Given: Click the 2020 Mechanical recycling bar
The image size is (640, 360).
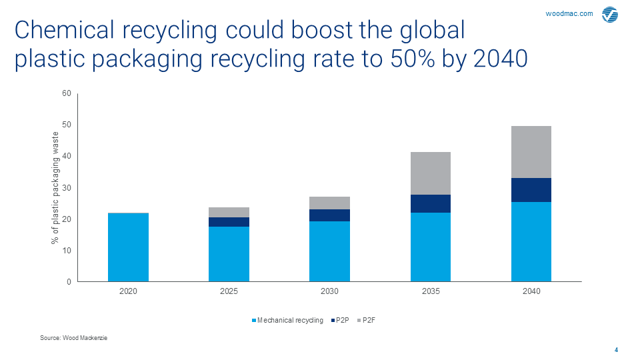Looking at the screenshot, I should [x=128, y=247].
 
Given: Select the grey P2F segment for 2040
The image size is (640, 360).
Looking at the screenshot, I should [x=531, y=152].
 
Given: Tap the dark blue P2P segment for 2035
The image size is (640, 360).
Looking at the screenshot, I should [x=431, y=203].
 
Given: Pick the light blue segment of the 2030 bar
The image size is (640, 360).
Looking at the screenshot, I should [x=329, y=251].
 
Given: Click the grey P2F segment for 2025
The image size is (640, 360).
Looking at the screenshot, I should [x=229, y=212].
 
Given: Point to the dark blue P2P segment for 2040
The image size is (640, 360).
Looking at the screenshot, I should [x=531, y=190].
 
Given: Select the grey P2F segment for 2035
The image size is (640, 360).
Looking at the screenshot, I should [x=431, y=173].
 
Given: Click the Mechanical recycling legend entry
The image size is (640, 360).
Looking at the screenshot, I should [x=287, y=321].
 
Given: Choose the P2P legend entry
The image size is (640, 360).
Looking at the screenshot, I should [x=339, y=321].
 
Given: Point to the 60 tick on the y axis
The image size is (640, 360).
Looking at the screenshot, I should [x=67, y=93].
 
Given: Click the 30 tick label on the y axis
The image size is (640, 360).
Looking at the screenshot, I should [x=67, y=188].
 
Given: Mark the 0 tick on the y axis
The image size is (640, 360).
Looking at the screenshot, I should [x=69, y=282].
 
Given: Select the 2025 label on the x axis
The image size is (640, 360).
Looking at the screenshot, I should [x=229, y=292].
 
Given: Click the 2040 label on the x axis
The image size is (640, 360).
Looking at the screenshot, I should [x=531, y=292].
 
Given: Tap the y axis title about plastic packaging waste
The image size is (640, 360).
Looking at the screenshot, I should [x=56, y=187].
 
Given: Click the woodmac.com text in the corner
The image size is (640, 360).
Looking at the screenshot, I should [x=569, y=13].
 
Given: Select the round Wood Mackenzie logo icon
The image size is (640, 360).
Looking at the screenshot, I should [x=610, y=15].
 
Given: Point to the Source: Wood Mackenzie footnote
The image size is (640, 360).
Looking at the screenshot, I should [x=74, y=339].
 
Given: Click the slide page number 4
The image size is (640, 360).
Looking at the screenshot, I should [x=616, y=350].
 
